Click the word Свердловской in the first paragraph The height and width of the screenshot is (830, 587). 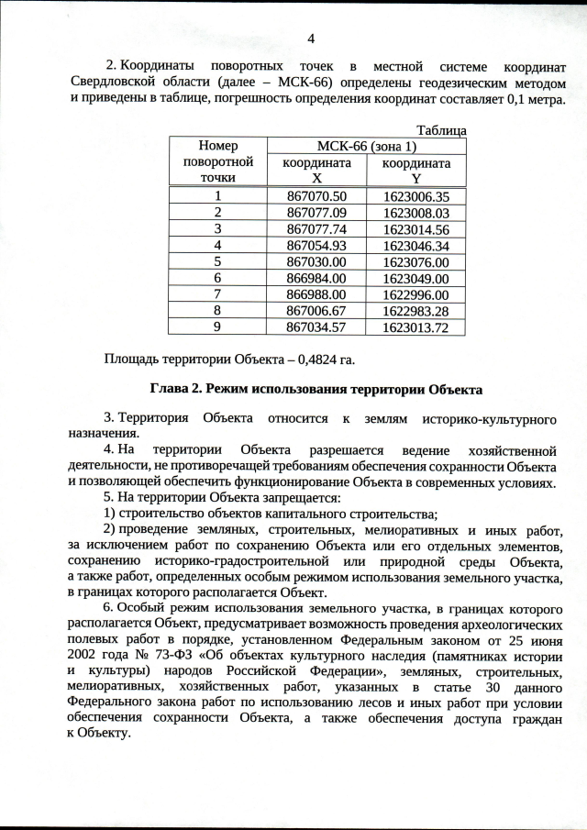(x=112, y=83)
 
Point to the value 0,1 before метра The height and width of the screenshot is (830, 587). (x=509, y=97)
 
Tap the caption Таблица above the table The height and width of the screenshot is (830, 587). (x=441, y=131)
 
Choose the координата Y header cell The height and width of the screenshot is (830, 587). (x=415, y=170)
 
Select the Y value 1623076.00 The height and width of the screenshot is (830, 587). (x=415, y=261)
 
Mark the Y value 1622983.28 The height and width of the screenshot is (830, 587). (x=415, y=310)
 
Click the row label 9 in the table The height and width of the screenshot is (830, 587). (x=217, y=326)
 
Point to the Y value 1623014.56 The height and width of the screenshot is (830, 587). (x=415, y=229)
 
